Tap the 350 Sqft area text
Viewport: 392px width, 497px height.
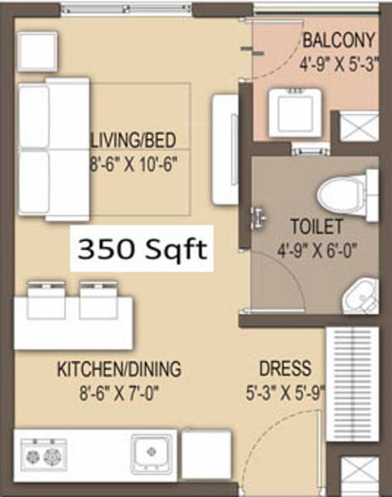point(140,248)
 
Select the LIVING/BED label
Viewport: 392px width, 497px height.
point(136,138)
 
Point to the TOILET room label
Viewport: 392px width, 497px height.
point(312,224)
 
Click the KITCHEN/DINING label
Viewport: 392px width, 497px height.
point(119,369)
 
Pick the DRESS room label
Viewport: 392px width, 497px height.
point(285,369)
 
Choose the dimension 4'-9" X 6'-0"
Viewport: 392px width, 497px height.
point(312,248)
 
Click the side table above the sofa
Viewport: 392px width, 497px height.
point(37,51)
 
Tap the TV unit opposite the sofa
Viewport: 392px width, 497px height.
point(225,149)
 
